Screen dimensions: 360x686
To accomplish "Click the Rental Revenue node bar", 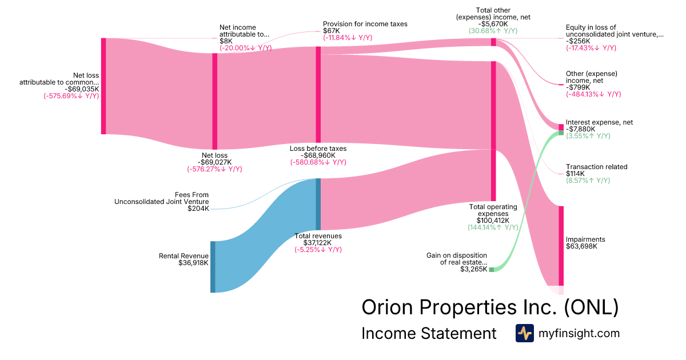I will (213, 267).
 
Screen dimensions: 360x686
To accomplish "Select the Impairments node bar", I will (561, 245).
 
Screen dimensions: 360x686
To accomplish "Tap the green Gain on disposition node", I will (491, 269).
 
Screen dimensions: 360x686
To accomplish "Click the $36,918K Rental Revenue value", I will (193, 263).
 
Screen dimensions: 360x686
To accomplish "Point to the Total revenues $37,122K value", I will (318, 242).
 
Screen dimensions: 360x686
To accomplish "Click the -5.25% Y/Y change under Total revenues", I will (318, 250).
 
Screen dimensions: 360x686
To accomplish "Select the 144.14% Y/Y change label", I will (493, 227).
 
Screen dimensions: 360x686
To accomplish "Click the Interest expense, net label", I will (599, 122).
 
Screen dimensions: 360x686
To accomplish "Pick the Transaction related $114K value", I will (576, 174).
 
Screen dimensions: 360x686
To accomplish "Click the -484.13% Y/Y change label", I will (593, 94).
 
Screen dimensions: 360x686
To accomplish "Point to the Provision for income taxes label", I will (365, 24).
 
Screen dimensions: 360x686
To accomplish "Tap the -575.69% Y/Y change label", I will (71, 96).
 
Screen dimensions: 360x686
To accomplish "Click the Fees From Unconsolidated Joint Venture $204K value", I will (198, 209).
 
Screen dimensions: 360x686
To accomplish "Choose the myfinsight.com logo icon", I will (524, 333).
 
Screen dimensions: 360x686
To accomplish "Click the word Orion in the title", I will (387, 307).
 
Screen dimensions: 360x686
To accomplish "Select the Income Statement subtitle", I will (429, 334).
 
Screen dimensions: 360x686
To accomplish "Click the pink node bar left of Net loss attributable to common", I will (103, 86).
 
